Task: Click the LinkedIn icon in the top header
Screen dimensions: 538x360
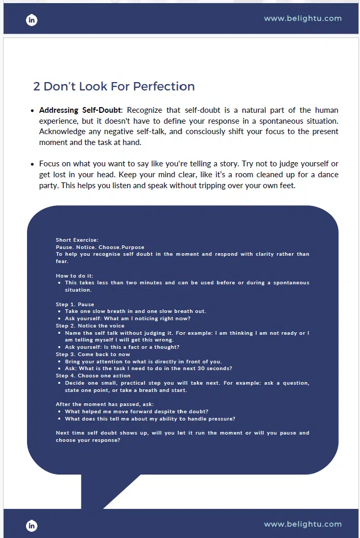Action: point(32,20)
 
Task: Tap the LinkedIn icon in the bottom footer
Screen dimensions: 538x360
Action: point(32,526)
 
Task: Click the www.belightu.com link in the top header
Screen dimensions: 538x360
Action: point(303,18)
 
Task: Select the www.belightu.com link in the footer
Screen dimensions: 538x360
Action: point(303,524)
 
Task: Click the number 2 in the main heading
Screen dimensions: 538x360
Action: point(36,86)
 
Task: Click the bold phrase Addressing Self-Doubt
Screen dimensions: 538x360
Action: point(80,110)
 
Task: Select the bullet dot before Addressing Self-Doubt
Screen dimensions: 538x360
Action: point(33,111)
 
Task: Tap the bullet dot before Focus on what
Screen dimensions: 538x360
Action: point(33,164)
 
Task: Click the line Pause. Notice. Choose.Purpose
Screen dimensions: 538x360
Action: point(100,247)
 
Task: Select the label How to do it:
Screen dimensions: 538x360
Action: point(74,275)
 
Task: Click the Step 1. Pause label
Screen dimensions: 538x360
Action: point(75,305)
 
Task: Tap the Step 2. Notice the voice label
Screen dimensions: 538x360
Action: point(90,326)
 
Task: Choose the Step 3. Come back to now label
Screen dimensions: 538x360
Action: point(93,355)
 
